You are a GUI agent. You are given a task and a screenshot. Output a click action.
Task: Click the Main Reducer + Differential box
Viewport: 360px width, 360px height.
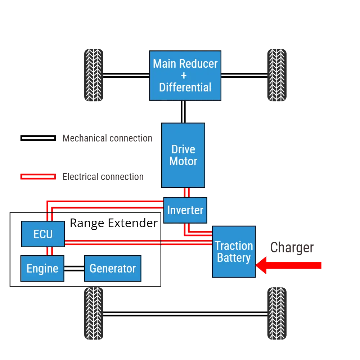(x=185, y=75)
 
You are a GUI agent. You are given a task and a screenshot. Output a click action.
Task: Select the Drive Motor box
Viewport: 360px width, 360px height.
(x=183, y=155)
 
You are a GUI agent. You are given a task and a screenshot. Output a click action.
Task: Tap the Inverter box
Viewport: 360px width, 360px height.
(x=185, y=210)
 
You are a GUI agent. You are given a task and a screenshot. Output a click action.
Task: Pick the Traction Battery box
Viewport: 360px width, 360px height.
(x=234, y=252)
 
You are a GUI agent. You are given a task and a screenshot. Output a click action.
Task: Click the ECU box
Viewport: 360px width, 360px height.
(x=43, y=234)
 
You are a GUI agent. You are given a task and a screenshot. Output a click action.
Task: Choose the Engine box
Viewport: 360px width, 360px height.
(x=42, y=269)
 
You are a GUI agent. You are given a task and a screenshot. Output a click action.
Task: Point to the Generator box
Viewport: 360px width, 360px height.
(x=112, y=269)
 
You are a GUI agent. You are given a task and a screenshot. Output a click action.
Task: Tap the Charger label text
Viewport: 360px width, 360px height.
(x=292, y=248)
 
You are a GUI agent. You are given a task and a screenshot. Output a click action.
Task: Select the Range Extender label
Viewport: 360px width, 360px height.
(x=114, y=223)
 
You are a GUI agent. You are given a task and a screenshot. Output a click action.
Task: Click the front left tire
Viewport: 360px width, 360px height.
(x=94, y=75)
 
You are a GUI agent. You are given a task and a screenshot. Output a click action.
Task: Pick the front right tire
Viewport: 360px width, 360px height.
(x=277, y=75)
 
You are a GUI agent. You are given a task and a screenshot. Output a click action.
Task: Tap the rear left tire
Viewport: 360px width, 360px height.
(x=94, y=314)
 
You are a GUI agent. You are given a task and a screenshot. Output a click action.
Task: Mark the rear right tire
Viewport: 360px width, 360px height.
(x=277, y=314)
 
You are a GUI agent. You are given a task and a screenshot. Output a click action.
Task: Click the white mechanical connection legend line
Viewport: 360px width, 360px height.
(x=38, y=138)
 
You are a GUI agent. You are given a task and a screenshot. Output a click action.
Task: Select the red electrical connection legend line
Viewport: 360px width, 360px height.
(x=38, y=176)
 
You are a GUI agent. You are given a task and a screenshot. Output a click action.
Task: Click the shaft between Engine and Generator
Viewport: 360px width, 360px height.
(x=74, y=269)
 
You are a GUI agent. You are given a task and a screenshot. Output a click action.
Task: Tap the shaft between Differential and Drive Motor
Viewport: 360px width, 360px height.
(x=183, y=112)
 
